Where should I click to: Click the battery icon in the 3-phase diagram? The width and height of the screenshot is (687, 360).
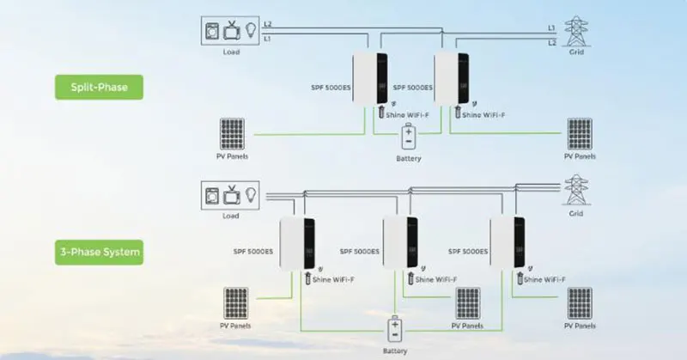coord(395,331)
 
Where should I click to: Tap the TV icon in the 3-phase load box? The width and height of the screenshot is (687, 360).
coord(232,194)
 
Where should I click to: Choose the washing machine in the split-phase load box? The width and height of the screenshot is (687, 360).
coord(211,29)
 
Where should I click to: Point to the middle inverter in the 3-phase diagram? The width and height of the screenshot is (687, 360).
coord(400,243)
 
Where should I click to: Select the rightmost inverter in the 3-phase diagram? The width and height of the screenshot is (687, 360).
coord(508,243)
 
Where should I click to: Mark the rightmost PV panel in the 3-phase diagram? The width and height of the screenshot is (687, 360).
coord(580,302)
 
